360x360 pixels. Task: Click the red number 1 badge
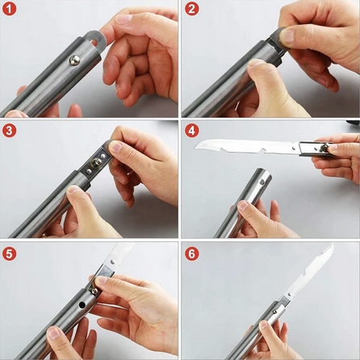10,9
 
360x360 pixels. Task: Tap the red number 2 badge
192,9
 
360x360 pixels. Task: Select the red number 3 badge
10,131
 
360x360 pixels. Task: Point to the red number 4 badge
192,131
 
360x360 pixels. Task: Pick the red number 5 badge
10,254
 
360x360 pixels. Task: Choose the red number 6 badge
192,254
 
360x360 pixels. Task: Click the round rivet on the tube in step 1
74,61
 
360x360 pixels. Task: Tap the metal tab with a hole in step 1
94,40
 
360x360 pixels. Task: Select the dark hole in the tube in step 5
82,305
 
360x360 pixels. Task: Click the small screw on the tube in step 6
274,312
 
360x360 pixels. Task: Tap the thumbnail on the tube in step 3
73,189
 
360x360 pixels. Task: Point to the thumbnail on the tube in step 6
264,324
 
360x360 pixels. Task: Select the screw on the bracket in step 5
94,291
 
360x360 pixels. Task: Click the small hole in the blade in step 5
113,261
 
